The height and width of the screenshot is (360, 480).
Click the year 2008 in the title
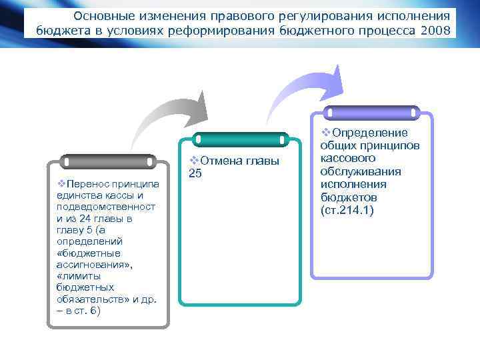[435, 30]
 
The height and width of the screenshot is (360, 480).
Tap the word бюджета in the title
[58, 30]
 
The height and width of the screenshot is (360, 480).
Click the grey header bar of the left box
[107, 161]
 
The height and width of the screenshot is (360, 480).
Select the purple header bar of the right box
[371, 113]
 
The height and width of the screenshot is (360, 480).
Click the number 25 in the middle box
[195, 174]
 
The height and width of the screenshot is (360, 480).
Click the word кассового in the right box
[347, 159]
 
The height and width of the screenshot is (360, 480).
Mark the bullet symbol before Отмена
[194, 161]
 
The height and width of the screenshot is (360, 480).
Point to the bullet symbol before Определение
[326, 132]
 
